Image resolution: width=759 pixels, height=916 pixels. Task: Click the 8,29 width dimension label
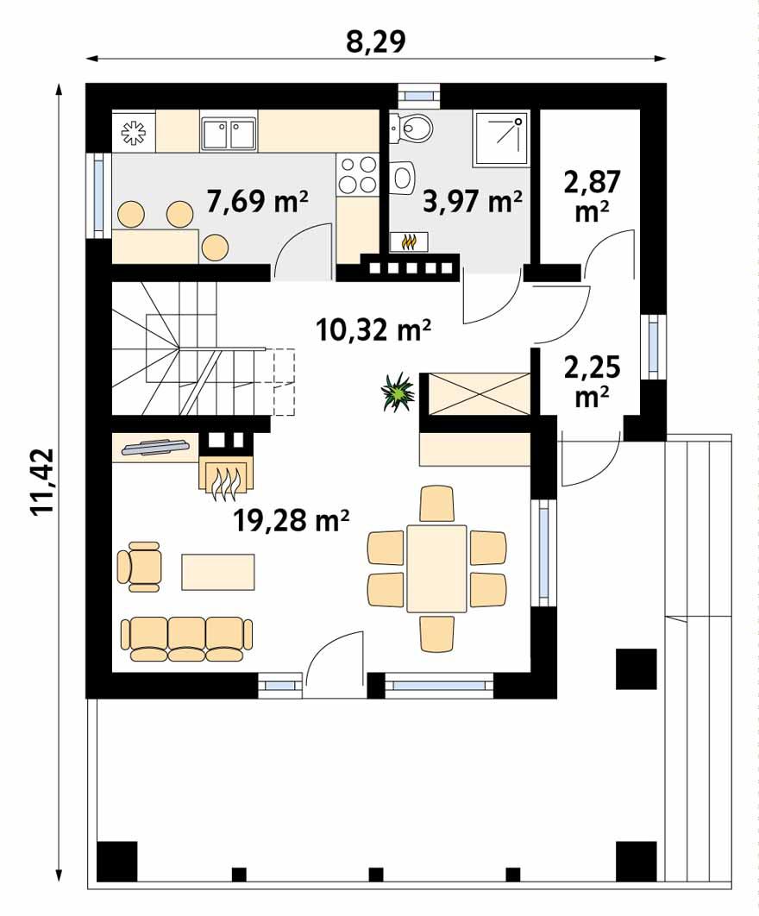[376, 41]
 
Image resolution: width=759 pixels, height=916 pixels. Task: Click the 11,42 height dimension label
[42, 482]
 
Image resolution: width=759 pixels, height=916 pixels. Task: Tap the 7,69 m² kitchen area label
[258, 202]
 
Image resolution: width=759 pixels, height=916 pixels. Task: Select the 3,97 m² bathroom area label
[473, 202]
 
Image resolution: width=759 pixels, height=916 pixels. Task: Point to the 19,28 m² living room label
[291, 519]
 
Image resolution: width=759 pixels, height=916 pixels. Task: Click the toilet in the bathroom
[412, 129]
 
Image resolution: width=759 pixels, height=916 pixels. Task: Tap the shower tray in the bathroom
[500, 138]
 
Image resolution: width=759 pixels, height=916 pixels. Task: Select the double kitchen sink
[229, 134]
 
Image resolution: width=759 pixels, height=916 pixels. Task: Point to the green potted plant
[398, 392]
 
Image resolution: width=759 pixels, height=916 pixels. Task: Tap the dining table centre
[436, 568]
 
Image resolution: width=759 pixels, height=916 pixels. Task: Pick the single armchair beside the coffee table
[141, 567]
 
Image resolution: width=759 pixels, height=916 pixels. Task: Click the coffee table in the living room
[218, 571]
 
